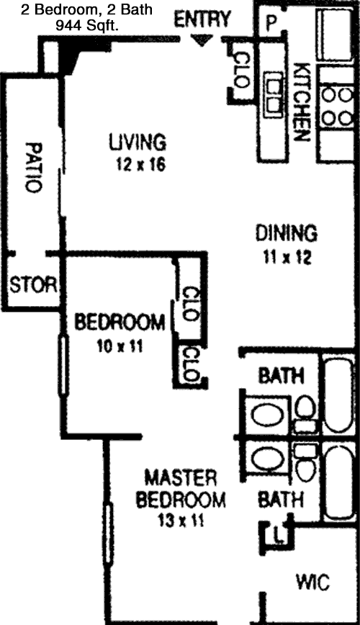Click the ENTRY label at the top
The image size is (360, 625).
point(202,20)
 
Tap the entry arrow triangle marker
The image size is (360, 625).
point(202,40)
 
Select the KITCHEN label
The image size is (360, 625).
point(302,102)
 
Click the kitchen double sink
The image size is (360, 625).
point(274,95)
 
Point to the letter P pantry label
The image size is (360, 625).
point(271,23)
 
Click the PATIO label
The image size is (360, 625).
point(33,167)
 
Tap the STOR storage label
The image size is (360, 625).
point(32,285)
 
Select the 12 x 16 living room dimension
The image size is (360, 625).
point(140,164)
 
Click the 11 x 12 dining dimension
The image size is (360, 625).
point(287,258)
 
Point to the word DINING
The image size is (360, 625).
point(287,233)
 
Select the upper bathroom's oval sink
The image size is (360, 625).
point(267,415)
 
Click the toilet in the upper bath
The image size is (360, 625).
point(305,415)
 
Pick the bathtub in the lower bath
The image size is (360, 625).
point(339,482)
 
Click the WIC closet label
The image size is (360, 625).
point(312,582)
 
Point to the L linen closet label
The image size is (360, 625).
point(279,535)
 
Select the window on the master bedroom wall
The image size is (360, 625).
point(108,534)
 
